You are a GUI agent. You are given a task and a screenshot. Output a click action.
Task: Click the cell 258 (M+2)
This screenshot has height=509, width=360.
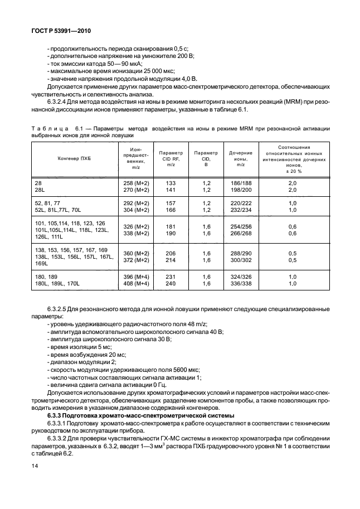point(135,183)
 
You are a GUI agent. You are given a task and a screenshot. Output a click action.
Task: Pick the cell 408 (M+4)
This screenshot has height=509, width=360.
point(135,284)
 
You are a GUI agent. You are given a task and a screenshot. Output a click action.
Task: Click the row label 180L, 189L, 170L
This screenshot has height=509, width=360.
point(57,284)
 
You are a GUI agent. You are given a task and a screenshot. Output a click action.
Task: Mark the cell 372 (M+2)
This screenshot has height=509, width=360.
point(135,259)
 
